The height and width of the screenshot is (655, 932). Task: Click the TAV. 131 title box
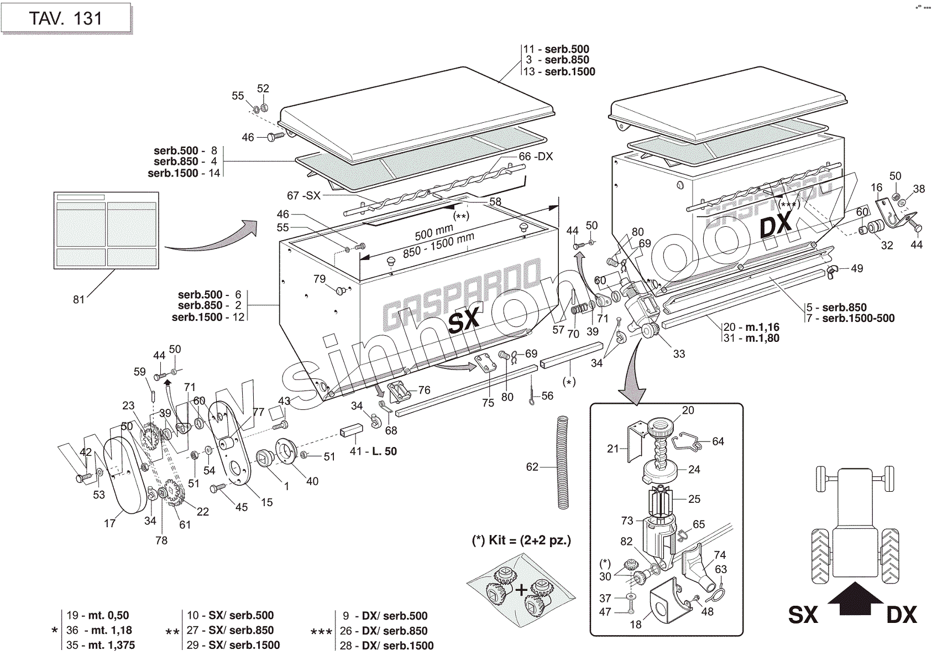tap(66, 18)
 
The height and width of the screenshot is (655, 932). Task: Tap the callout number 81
tap(79, 299)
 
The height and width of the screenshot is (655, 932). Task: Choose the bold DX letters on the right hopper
tap(776, 226)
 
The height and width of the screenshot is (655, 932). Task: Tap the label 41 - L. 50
tap(373, 451)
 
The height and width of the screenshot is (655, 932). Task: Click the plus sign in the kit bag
tap(521, 590)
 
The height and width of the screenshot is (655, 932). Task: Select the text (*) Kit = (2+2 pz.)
tap(521, 540)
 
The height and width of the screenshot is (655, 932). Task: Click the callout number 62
tap(532, 467)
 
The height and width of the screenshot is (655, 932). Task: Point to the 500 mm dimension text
tap(434, 232)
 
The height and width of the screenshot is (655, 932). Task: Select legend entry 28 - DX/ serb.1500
tap(387, 646)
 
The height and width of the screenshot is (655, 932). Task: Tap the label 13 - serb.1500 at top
tap(559, 71)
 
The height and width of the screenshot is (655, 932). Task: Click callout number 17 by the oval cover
tap(110, 523)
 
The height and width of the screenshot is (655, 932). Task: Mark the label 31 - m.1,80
tap(752, 338)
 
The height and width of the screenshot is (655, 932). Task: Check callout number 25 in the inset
tap(694, 499)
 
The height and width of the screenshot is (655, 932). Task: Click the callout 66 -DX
tap(536, 157)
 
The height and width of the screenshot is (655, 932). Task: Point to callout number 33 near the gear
tap(678, 354)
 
